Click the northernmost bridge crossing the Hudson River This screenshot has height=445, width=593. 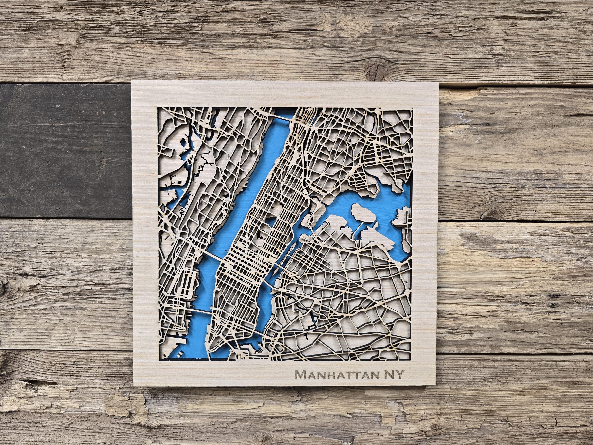(x=281, y=118)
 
